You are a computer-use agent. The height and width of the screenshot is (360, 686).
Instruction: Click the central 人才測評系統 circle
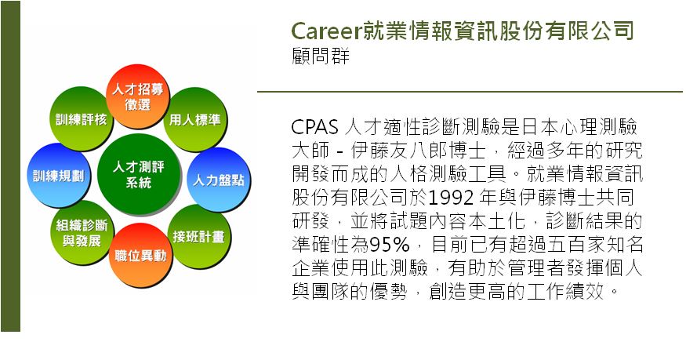[x=138, y=175]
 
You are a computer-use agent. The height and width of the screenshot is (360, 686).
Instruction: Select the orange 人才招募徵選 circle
[x=137, y=96]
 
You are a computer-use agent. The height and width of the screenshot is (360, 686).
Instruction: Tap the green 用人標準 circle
[x=195, y=119]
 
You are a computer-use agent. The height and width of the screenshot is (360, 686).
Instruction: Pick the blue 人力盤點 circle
[x=219, y=180]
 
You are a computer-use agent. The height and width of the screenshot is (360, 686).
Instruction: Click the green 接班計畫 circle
[x=198, y=237]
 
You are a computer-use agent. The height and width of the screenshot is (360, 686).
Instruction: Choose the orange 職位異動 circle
[x=140, y=255]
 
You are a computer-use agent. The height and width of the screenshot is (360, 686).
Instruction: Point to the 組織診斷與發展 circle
[x=82, y=233]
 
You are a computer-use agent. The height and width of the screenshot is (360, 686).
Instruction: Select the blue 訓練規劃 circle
[x=58, y=175]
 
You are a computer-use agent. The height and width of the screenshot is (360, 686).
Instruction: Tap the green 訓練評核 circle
[x=81, y=118]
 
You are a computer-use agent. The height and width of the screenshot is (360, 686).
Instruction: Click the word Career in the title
[x=327, y=31]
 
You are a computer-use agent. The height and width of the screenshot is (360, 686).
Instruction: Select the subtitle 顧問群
[x=321, y=56]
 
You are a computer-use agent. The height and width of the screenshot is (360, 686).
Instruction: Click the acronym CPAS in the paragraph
[x=314, y=127]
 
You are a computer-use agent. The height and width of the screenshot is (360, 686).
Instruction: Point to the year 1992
[x=451, y=198]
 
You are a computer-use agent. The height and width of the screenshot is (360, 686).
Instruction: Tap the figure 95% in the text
[x=390, y=245]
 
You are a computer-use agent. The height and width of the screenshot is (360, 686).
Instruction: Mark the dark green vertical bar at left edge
[x=10, y=166]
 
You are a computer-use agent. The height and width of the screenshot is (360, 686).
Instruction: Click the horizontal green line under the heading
[x=470, y=92]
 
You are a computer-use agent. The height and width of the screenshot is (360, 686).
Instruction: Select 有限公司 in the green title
[x=591, y=31]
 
